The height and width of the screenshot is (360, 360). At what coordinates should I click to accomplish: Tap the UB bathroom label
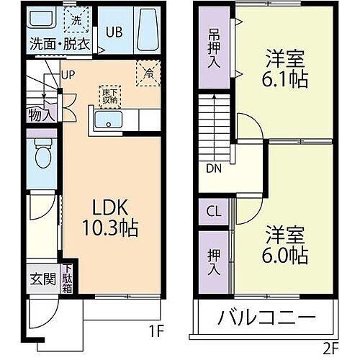pyautogui.click(x=114, y=32)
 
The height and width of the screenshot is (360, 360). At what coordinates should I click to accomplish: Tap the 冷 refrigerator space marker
pyautogui.click(x=148, y=72)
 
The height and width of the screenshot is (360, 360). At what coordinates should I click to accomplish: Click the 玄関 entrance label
pyautogui.click(x=42, y=279)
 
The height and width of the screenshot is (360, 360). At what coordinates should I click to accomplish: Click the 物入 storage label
pyautogui.click(x=40, y=112)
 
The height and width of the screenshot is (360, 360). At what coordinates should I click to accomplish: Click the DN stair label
pyautogui.click(x=213, y=170)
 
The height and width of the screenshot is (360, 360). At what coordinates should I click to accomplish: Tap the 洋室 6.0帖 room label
pyautogui.click(x=287, y=245)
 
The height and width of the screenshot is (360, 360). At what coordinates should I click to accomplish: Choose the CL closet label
pyautogui.click(x=214, y=212)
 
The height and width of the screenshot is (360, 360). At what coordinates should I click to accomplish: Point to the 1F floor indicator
pyautogui.click(x=157, y=332)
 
